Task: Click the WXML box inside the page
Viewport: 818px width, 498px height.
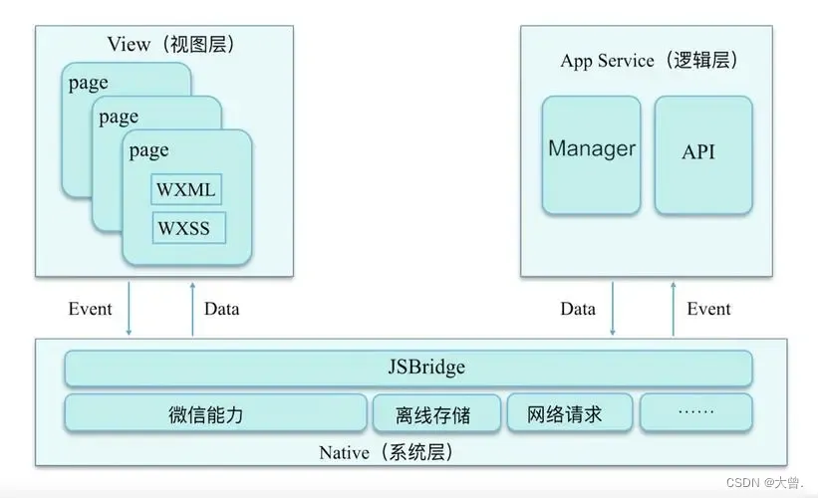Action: (x=186, y=188)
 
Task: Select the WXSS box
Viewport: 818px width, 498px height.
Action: (x=186, y=227)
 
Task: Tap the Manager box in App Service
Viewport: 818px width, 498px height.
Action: (x=591, y=154)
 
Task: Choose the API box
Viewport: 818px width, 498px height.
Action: (x=701, y=154)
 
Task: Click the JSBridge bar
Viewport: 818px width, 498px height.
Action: (x=408, y=369)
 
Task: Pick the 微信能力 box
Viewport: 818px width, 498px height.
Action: (x=215, y=413)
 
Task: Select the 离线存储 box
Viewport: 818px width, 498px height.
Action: (x=435, y=413)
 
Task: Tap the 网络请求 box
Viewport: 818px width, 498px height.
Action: (x=569, y=413)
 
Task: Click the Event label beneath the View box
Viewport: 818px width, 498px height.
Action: (x=90, y=309)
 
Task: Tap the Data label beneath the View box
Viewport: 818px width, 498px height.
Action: (x=221, y=309)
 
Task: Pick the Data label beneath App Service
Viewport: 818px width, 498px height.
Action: (x=577, y=309)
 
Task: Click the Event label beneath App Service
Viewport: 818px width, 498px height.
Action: (x=708, y=309)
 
